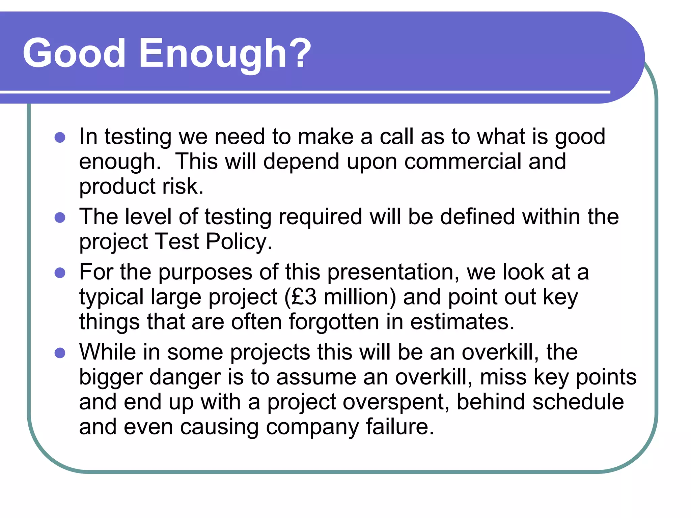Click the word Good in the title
click(74, 53)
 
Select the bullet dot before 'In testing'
click(60, 137)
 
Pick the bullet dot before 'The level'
click(60, 217)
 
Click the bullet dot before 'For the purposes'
click(60, 272)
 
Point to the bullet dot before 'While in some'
click(60, 353)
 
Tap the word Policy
click(239, 242)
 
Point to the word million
click(359, 297)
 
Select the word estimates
click(462, 322)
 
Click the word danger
click(185, 377)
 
